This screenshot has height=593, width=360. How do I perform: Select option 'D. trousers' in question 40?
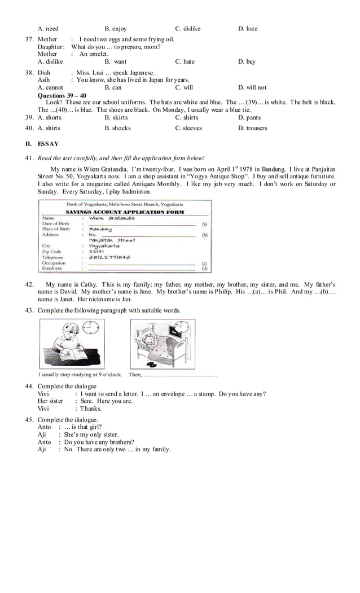coord(252,128)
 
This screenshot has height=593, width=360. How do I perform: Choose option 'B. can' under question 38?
coord(113,87)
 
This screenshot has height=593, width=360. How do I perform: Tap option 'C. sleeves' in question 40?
coord(190,128)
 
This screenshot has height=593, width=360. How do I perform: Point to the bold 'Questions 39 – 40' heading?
coord(62,95)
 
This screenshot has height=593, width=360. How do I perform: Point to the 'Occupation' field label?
coord(54,263)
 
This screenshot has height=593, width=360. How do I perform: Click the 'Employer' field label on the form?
coord(52,269)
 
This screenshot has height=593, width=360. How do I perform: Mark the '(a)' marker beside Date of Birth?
coord(204,223)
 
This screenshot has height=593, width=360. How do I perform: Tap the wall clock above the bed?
coord(182,327)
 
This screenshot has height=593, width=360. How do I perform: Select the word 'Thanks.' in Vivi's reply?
coord(90,408)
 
